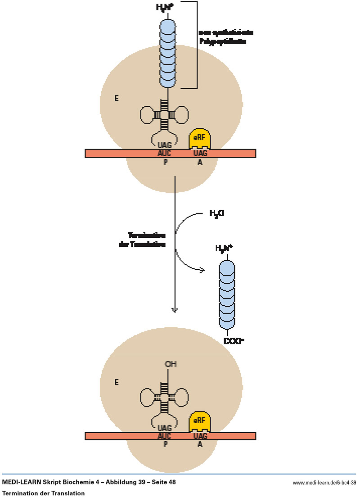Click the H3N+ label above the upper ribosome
[167, 7]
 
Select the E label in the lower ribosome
[117, 382]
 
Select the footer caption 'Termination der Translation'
[43, 493]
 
